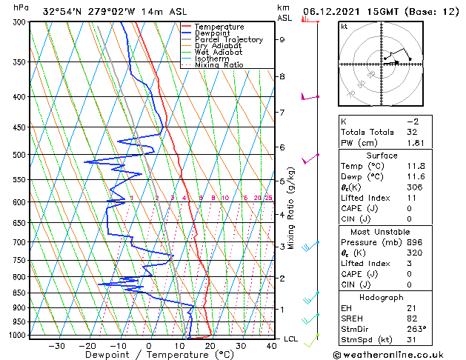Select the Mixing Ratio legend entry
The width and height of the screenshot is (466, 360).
coord(219,65)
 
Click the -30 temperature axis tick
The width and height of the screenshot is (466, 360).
coord(57,346)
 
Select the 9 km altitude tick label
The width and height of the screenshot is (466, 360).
coord(282,40)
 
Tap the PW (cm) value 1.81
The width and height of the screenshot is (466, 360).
coord(416,143)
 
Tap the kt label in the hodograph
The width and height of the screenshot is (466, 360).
coord(344,26)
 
